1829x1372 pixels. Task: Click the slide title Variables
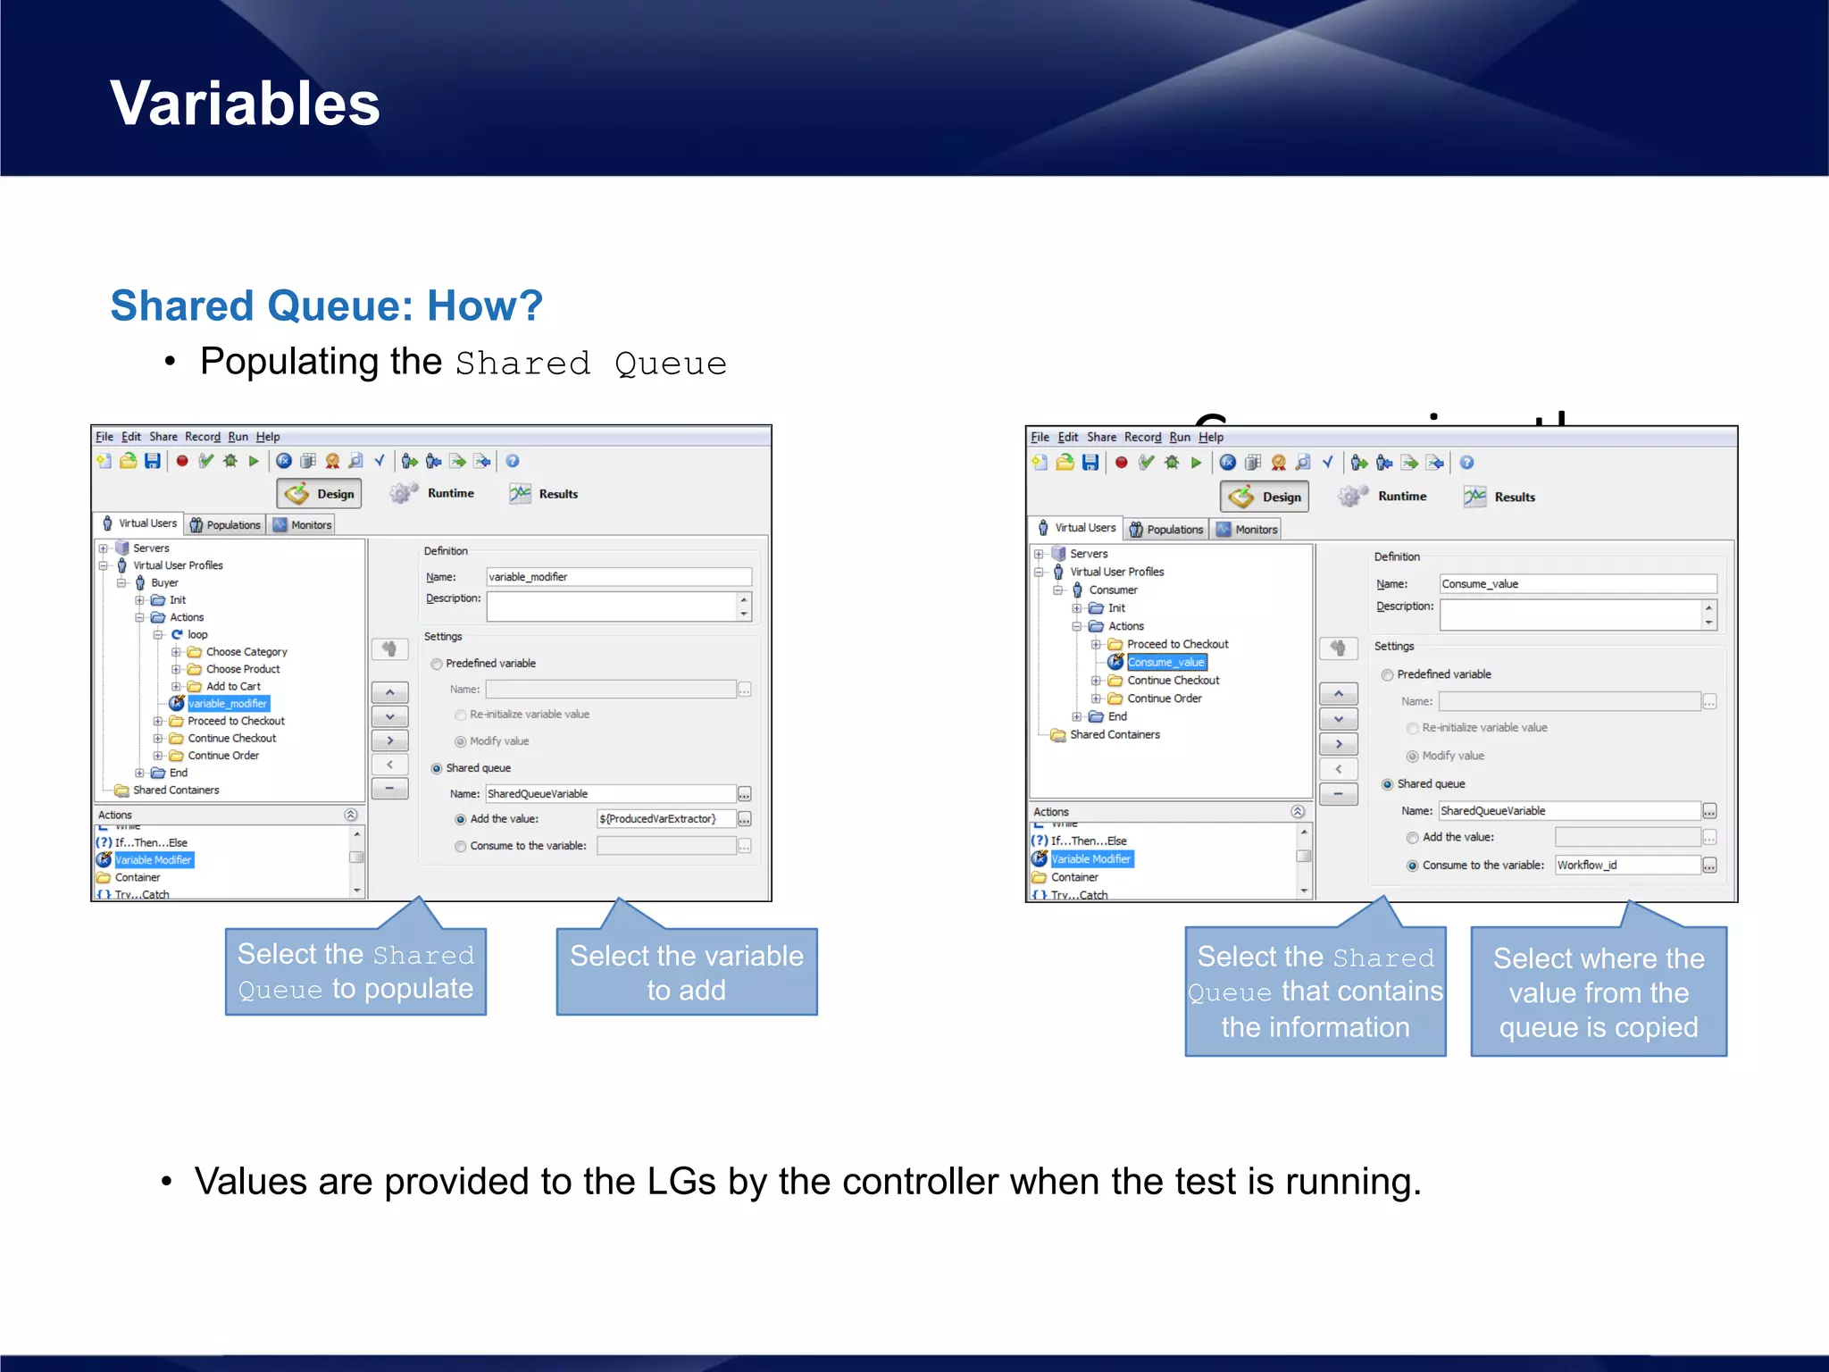click(x=245, y=103)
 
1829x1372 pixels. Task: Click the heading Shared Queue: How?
click(x=326, y=305)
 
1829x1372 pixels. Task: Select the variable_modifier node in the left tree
click(x=228, y=704)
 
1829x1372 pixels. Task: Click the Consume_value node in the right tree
click(x=1165, y=662)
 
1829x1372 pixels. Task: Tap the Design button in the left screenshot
click(x=320, y=494)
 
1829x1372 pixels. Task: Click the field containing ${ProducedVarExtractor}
click(x=665, y=819)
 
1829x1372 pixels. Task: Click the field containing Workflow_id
click(x=1626, y=865)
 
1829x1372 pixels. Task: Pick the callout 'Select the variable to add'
click(x=686, y=973)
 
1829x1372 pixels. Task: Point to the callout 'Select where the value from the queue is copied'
click(x=1598, y=992)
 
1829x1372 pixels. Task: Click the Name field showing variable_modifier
click(x=618, y=577)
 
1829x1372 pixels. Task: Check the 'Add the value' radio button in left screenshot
click(x=461, y=819)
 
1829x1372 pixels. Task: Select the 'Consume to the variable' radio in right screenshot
click(x=1412, y=866)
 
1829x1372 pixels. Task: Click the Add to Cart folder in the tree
click(x=233, y=686)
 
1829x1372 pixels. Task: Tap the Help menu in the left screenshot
click(x=268, y=437)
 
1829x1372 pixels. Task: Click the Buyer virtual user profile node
click(x=164, y=582)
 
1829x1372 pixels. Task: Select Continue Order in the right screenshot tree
click(x=1164, y=699)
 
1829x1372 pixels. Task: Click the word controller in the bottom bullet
click(x=920, y=1182)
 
